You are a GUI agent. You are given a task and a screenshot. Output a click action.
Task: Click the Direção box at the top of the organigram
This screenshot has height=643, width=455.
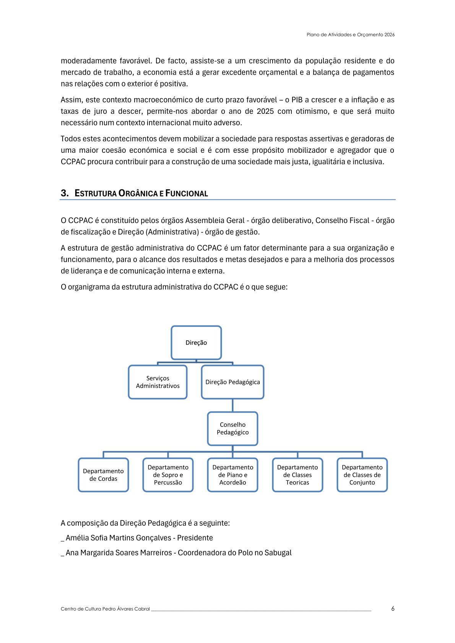pos(196,343)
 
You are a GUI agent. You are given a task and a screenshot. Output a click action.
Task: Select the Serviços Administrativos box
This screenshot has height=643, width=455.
pos(158,382)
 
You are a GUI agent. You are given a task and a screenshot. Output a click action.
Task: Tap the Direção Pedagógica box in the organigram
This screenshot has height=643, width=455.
pos(232,382)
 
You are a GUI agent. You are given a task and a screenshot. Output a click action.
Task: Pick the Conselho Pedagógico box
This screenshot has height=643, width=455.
pos(232,428)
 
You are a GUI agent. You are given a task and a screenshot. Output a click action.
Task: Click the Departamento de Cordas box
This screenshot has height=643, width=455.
pos(103,475)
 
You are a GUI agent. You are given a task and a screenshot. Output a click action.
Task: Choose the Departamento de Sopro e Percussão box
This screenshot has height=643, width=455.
pos(168,475)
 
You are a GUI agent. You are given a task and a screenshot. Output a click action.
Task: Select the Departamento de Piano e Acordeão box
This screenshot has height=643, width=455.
pos(232,475)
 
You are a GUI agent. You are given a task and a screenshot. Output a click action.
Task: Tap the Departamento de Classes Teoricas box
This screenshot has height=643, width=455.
pos(297,475)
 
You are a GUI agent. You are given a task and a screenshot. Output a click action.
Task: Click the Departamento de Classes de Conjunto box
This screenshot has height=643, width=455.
pos(362,475)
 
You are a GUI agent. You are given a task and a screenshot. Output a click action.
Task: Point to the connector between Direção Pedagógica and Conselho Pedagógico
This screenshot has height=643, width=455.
pos(232,405)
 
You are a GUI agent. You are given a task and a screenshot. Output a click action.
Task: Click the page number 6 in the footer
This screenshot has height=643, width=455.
pos(393,609)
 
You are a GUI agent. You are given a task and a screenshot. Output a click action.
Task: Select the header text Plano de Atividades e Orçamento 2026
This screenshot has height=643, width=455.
pos(351,35)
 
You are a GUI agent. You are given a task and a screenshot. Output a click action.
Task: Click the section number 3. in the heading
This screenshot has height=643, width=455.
pos(65,193)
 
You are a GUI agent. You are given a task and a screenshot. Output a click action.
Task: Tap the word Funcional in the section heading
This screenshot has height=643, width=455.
pos(187,193)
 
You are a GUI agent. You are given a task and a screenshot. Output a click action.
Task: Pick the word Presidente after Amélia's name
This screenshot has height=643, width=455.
pos(195,538)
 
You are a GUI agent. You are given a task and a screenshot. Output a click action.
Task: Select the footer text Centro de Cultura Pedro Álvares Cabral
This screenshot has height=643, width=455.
pos(105,609)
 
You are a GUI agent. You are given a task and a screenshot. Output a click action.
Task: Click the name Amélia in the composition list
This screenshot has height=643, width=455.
pos(77,538)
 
